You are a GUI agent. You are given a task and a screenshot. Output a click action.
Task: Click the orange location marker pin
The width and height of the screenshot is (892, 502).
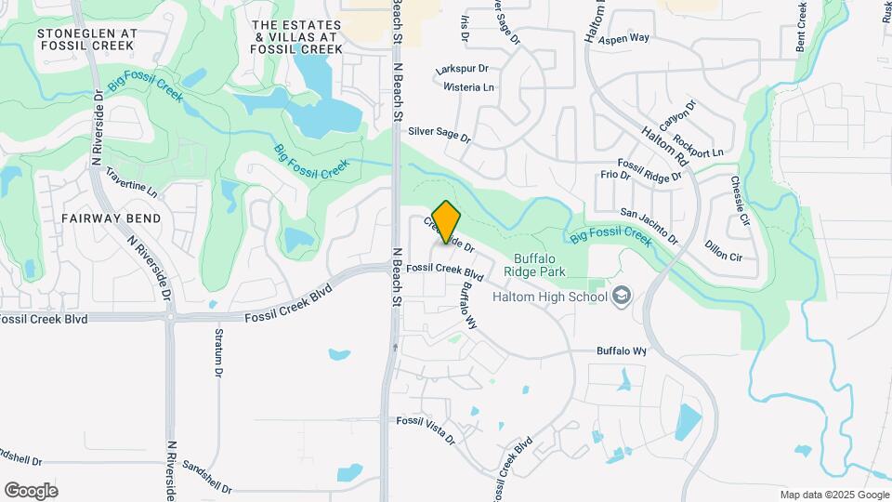pyautogui.click(x=447, y=223)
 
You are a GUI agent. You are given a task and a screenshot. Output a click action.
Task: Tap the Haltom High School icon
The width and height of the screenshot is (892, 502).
pyautogui.click(x=622, y=297)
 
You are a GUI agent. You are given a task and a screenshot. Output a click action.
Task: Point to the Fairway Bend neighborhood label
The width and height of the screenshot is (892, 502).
pyautogui.click(x=111, y=218)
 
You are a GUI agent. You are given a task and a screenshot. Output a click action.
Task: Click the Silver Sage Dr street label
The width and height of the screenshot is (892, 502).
pyautogui.click(x=439, y=135)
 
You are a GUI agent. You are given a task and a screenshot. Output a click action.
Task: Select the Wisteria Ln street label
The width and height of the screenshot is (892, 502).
pyautogui.click(x=469, y=87)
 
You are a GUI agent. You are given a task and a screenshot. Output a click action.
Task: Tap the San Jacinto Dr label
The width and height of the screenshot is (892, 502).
pyautogui.click(x=649, y=226)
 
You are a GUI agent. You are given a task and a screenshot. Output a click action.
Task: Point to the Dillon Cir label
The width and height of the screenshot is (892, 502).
pyautogui.click(x=723, y=250)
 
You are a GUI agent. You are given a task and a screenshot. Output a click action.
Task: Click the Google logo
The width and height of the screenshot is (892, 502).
pyautogui.click(x=31, y=490)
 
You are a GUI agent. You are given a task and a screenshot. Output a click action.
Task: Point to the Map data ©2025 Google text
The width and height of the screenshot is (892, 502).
pyautogui.click(x=833, y=495)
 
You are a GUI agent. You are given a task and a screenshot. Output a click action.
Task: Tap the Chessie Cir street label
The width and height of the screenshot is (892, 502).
pyautogui.click(x=740, y=201)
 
